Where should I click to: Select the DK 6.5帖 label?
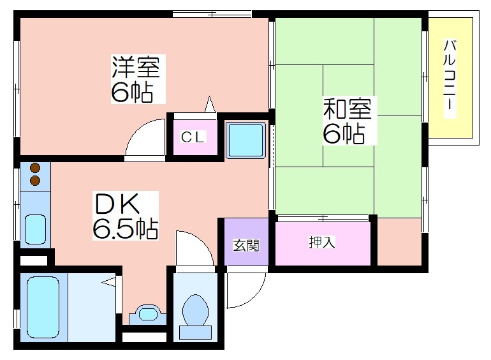point(125,216)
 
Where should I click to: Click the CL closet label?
point(193,137)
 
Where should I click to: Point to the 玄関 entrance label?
point(246,246)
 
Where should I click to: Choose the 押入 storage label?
point(322,242)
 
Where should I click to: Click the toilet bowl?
point(195,310)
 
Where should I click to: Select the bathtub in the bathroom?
point(43,308)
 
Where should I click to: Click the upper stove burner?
point(35,169)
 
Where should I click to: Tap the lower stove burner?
point(35,181)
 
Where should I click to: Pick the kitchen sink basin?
point(35,229)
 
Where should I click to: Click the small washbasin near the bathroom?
point(147,314)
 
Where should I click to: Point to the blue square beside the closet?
point(246,140)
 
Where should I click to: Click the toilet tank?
point(195,333)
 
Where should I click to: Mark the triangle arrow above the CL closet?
point(210,104)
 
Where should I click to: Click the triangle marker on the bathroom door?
point(109,281)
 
